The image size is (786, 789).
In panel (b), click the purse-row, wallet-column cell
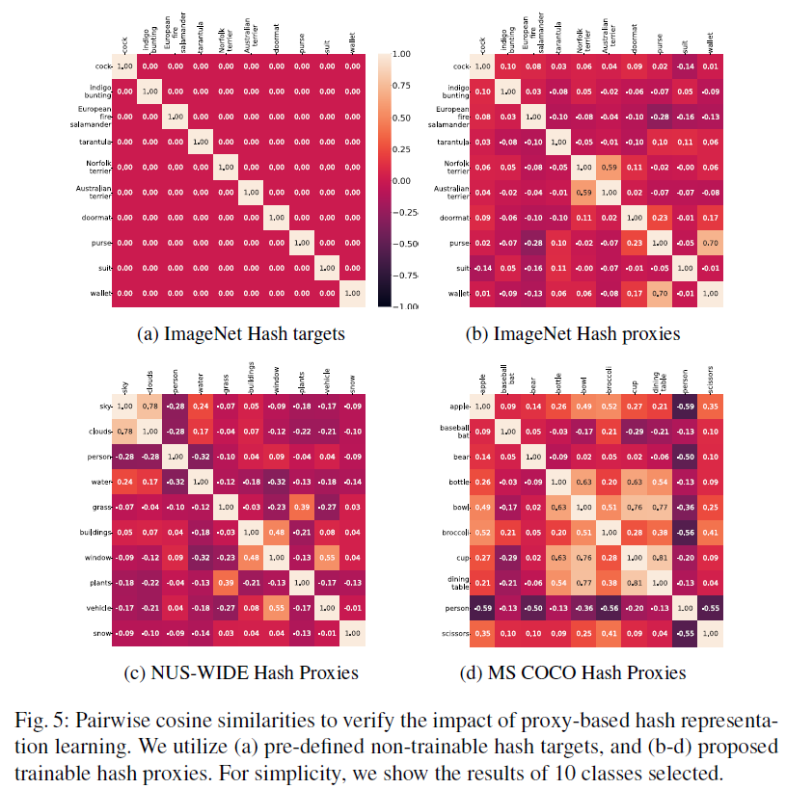(x=711, y=243)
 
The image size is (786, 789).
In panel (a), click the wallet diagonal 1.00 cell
(x=352, y=293)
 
